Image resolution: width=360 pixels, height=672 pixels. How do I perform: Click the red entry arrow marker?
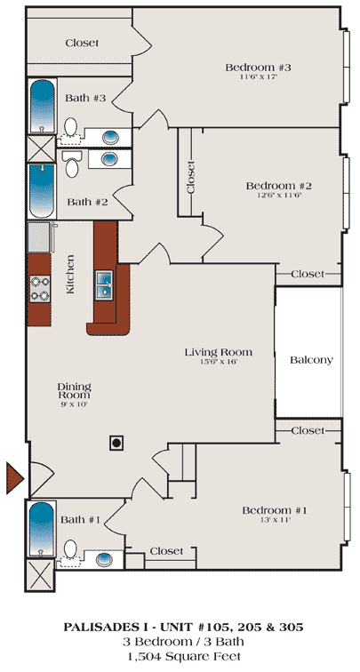13,478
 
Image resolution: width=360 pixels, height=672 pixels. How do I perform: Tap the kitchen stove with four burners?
39,289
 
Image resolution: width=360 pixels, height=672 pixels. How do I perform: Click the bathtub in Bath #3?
43,107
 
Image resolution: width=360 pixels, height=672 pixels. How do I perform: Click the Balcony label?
311,360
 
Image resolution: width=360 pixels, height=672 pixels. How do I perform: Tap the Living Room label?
218,352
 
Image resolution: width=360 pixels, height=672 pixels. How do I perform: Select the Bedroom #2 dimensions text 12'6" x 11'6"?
278,196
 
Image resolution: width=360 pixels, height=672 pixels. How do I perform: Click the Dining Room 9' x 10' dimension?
74,404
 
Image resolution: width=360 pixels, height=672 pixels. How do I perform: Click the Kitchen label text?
70,275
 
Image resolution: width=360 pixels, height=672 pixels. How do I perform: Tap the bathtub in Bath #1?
42,529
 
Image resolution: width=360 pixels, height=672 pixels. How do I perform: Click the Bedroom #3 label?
258,68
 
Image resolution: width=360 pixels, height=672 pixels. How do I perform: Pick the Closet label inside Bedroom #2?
191,177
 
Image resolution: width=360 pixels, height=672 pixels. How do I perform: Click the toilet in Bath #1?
70,553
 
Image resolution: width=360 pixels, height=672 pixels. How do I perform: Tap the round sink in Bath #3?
110,138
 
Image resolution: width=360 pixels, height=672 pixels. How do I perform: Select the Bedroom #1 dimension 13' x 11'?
275,520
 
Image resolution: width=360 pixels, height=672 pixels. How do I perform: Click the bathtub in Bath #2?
42,191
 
